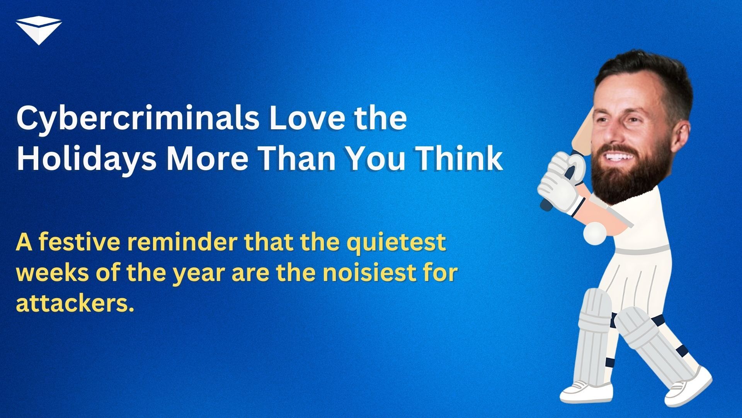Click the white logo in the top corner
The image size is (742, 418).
click(x=39, y=31)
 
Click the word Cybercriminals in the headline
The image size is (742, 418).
click(x=138, y=119)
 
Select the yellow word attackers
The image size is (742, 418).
click(x=75, y=303)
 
